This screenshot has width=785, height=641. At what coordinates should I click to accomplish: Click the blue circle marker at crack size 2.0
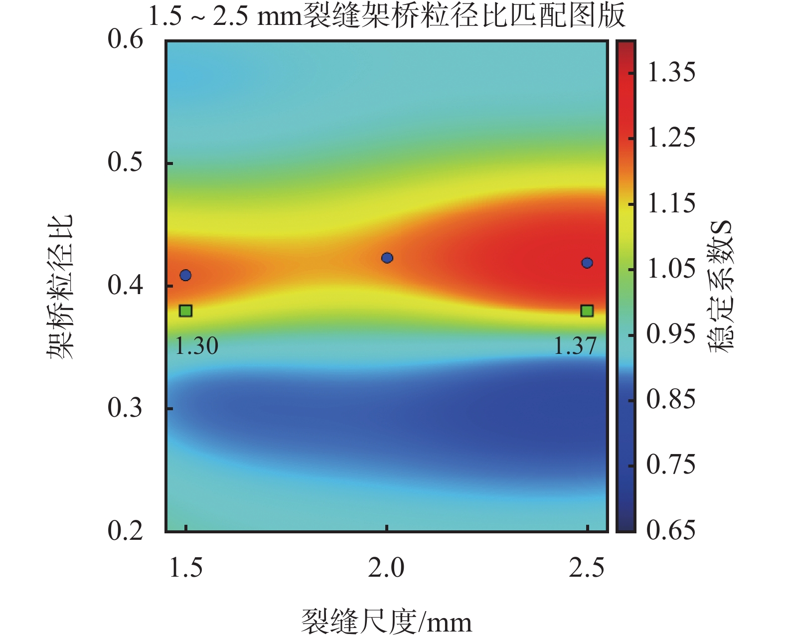click(387, 258)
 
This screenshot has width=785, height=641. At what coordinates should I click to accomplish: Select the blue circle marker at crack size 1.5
click(185, 275)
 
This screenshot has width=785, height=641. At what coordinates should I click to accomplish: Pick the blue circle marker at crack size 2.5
click(587, 263)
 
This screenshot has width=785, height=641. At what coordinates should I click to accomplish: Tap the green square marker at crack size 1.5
click(185, 311)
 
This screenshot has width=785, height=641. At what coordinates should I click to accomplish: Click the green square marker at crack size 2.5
click(587, 311)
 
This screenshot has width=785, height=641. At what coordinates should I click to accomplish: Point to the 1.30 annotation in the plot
click(196, 345)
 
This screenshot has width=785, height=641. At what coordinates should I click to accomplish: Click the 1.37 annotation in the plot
click(575, 345)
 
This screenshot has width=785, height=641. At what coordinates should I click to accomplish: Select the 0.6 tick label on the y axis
click(125, 39)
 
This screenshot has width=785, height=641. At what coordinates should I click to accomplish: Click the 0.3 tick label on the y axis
click(125, 407)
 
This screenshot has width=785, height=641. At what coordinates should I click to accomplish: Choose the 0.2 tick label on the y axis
click(125, 530)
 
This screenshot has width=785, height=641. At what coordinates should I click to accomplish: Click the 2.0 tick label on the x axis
click(386, 568)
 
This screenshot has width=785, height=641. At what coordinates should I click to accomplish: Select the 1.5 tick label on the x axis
click(186, 568)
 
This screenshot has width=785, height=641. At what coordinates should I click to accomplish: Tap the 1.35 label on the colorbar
click(671, 71)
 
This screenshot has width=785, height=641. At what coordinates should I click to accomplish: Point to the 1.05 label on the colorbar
click(671, 268)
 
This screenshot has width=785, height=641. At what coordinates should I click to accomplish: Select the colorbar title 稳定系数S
click(722, 286)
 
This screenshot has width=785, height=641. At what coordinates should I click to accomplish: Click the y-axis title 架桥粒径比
click(59, 286)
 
